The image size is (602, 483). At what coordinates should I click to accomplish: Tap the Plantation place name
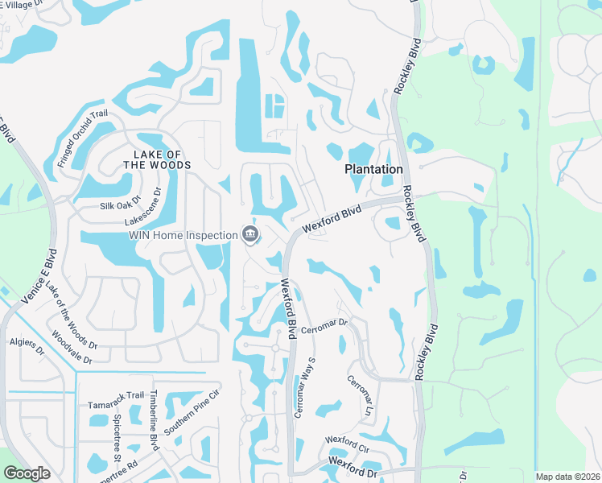pos(373,169)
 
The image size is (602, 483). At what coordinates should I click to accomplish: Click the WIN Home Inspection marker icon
pos(249,234)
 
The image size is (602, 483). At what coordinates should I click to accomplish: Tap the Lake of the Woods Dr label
pos(72,316)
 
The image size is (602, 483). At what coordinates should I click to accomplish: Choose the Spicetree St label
pos(118,440)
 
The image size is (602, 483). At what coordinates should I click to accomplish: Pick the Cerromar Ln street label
pos(360,394)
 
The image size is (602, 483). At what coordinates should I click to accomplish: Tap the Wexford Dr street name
pos(353,464)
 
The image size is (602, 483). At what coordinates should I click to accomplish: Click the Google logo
pos(27,473)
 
